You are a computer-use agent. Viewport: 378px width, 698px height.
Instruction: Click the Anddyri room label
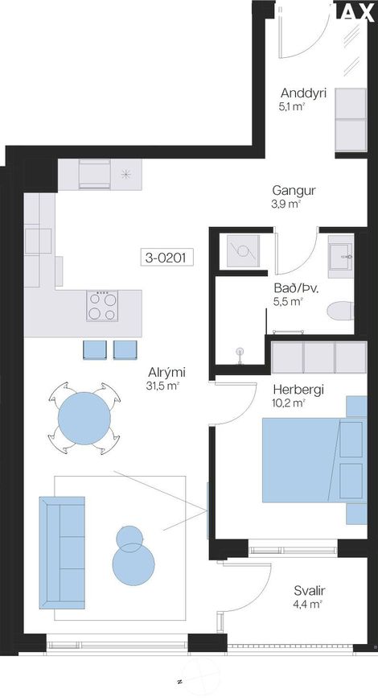(x=303, y=93)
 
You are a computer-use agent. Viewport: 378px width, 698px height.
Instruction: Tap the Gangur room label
(x=294, y=191)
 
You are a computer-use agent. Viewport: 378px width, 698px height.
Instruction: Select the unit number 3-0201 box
(x=166, y=258)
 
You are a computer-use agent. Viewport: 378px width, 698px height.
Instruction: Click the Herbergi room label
(x=298, y=390)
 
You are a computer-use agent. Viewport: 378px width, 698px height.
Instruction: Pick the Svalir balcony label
(x=310, y=591)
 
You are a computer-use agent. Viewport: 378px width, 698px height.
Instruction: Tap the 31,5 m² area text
(x=162, y=386)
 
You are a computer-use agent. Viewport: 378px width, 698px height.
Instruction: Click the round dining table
(x=84, y=418)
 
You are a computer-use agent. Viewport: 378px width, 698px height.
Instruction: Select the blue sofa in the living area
(x=62, y=552)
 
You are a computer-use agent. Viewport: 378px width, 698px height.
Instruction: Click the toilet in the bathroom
(x=341, y=310)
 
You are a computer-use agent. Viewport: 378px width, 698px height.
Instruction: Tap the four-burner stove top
(x=102, y=306)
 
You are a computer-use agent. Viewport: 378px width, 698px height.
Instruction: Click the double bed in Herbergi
(x=314, y=460)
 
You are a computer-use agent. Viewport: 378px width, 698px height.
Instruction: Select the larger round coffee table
(x=133, y=564)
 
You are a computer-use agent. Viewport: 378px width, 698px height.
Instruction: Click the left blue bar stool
(x=96, y=350)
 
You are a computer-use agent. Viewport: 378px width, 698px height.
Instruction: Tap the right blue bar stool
(x=125, y=350)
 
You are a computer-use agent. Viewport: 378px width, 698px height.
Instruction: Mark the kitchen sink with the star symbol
(x=125, y=174)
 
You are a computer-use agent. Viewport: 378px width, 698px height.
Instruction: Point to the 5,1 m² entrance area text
(x=292, y=107)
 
